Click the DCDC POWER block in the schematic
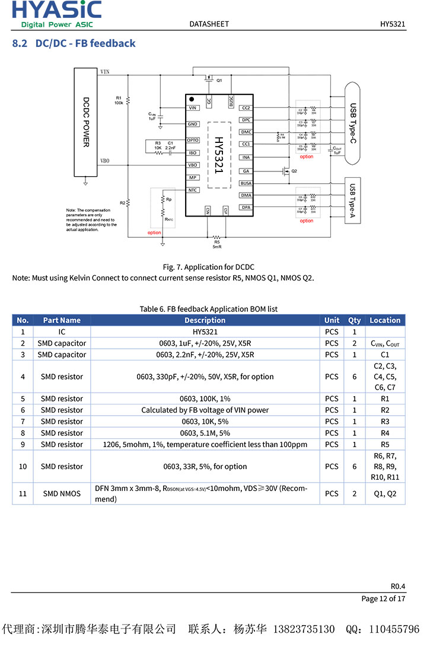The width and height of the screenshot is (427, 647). point(86,122)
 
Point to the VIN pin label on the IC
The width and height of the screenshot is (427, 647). point(193,108)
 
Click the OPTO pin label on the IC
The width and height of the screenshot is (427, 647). point(193,141)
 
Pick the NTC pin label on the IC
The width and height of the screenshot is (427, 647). point(193,190)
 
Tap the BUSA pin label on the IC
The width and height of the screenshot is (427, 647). point(246,183)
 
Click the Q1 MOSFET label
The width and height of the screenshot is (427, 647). point(219,80)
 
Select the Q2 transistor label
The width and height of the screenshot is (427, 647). point(294,171)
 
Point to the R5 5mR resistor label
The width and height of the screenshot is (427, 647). point(217,244)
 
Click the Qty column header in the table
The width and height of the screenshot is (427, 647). point(354,320)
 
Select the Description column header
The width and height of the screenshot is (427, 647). point(205,320)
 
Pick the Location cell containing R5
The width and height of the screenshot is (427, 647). point(385,444)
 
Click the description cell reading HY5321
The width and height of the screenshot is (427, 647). point(205,332)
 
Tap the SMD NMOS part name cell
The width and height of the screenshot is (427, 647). point(62,493)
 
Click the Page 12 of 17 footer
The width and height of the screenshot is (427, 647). point(383,598)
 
